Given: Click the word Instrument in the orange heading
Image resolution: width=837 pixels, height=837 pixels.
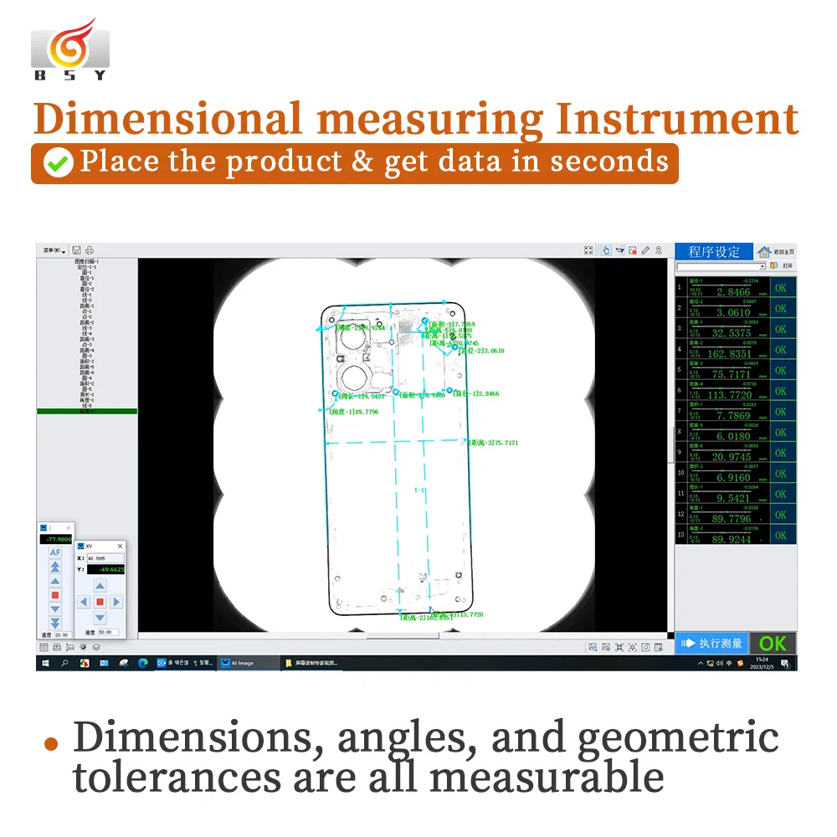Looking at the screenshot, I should pyautogui.click(x=676, y=119).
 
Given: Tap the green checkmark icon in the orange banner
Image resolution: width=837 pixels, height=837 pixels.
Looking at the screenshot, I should pyautogui.click(x=59, y=162).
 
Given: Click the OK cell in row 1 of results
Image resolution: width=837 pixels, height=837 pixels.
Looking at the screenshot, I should pyautogui.click(x=780, y=288).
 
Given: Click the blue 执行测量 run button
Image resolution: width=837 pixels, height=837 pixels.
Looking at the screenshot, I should pyautogui.click(x=711, y=643).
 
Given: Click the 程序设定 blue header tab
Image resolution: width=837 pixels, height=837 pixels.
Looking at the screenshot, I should pyautogui.click(x=714, y=251).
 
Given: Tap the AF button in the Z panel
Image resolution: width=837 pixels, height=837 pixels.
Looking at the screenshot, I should pyautogui.click(x=55, y=552).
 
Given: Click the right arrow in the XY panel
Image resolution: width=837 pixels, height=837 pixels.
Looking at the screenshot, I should pyautogui.click(x=116, y=602).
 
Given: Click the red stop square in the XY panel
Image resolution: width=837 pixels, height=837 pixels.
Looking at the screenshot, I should pyautogui.click(x=100, y=602).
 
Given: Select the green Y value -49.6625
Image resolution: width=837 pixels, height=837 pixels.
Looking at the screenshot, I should pyautogui.click(x=105, y=569).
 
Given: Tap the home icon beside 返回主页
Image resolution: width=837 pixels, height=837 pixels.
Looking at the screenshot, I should pyautogui.click(x=764, y=252).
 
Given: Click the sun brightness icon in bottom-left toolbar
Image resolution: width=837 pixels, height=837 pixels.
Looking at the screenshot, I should pyautogui.click(x=83, y=647).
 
